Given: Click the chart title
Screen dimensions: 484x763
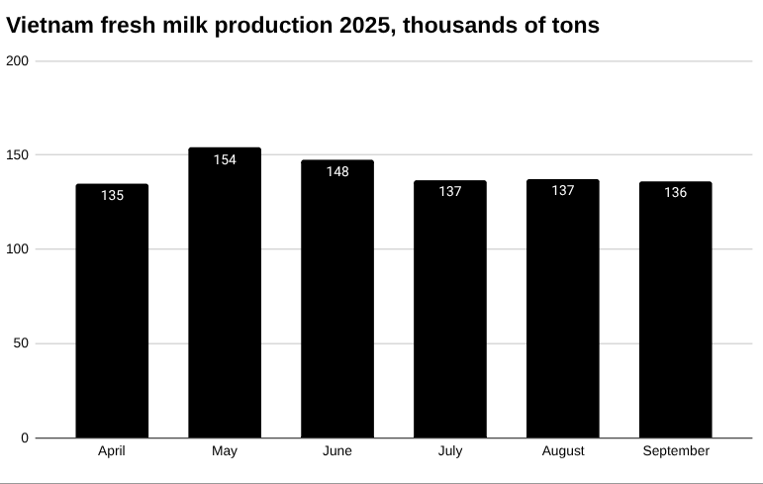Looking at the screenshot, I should [303, 26].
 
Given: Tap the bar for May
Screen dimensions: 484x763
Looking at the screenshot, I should [225, 297].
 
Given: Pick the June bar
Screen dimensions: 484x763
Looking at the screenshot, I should [337, 302].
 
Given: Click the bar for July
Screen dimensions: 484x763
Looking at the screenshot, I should [450, 312].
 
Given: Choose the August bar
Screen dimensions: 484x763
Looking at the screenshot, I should [562, 312].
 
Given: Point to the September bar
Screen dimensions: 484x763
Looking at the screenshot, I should [675, 312].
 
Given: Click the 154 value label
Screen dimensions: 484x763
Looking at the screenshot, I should [225, 159].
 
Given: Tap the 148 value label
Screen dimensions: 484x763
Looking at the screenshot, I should [337, 171].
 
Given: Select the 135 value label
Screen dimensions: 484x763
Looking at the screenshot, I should [112, 195].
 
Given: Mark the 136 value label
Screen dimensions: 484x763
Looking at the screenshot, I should [675, 192].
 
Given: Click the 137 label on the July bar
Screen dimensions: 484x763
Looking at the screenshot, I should [450, 191].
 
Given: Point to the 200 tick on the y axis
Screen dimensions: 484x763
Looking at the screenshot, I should [18, 61].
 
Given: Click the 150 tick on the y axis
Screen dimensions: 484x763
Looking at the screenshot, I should [18, 155].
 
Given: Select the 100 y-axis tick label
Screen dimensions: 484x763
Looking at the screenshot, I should [18, 249].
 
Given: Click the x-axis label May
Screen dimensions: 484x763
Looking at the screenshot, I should [225, 451].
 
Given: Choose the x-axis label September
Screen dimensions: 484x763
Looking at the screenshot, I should [676, 451].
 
